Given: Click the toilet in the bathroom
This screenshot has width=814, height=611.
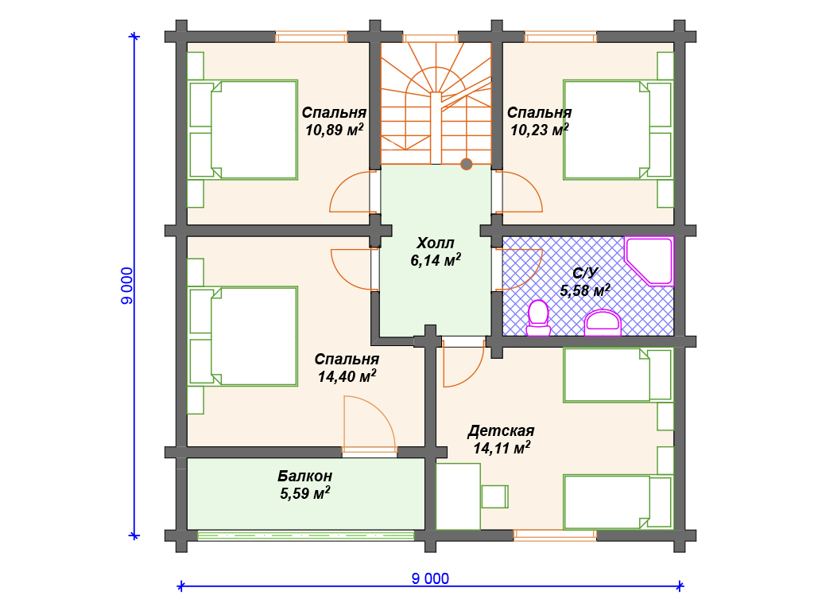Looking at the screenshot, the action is pyautogui.click(x=538, y=318).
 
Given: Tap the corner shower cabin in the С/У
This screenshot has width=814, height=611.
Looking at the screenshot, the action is pyautogui.click(x=649, y=261).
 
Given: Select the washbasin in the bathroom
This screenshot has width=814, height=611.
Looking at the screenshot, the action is pyautogui.click(x=603, y=323).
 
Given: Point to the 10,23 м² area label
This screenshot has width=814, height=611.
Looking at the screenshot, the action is pyautogui.click(x=540, y=130).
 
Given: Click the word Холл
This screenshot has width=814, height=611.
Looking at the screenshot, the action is pyautogui.click(x=436, y=243).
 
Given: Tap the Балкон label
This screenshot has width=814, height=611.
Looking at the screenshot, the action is pyautogui.click(x=304, y=476).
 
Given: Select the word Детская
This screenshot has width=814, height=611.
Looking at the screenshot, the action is pyautogui.click(x=501, y=431).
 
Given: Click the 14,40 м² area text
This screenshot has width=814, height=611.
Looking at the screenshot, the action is pyautogui.click(x=347, y=376).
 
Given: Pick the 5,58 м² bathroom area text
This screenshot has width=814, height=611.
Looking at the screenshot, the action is pyautogui.click(x=585, y=290).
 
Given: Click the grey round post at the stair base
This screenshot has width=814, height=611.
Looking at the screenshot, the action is pyautogui.click(x=466, y=164).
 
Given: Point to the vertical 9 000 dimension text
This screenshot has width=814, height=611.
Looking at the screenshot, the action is pyautogui.click(x=126, y=286).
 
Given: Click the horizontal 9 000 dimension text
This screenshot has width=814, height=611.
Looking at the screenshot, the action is pyautogui.click(x=430, y=578).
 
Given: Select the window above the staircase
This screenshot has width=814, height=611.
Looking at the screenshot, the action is pyautogui.click(x=430, y=37).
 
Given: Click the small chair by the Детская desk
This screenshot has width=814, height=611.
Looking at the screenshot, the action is pyautogui.click(x=494, y=496).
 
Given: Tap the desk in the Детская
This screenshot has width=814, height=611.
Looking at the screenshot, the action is pyautogui.click(x=459, y=496).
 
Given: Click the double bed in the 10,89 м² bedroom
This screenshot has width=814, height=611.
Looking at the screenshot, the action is pyautogui.click(x=243, y=130).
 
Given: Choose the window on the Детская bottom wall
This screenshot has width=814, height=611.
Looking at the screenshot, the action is pyautogui.click(x=555, y=535).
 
